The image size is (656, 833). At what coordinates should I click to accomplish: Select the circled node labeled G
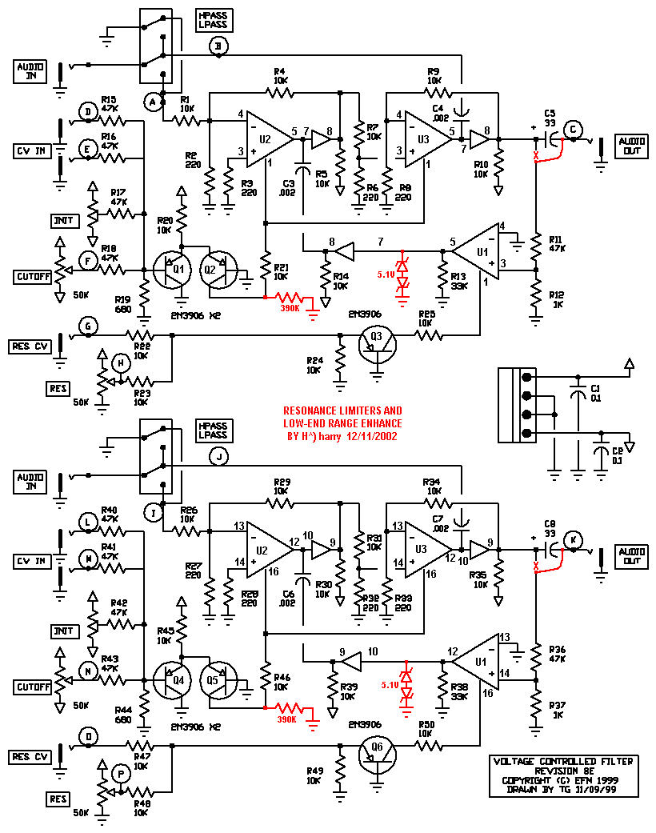[89, 326]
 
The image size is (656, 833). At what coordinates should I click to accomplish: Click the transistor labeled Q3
[376, 338]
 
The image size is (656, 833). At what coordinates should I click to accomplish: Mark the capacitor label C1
[595, 389]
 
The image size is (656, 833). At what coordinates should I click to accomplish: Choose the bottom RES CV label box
[30, 755]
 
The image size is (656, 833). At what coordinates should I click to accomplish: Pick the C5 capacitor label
[550, 112]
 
